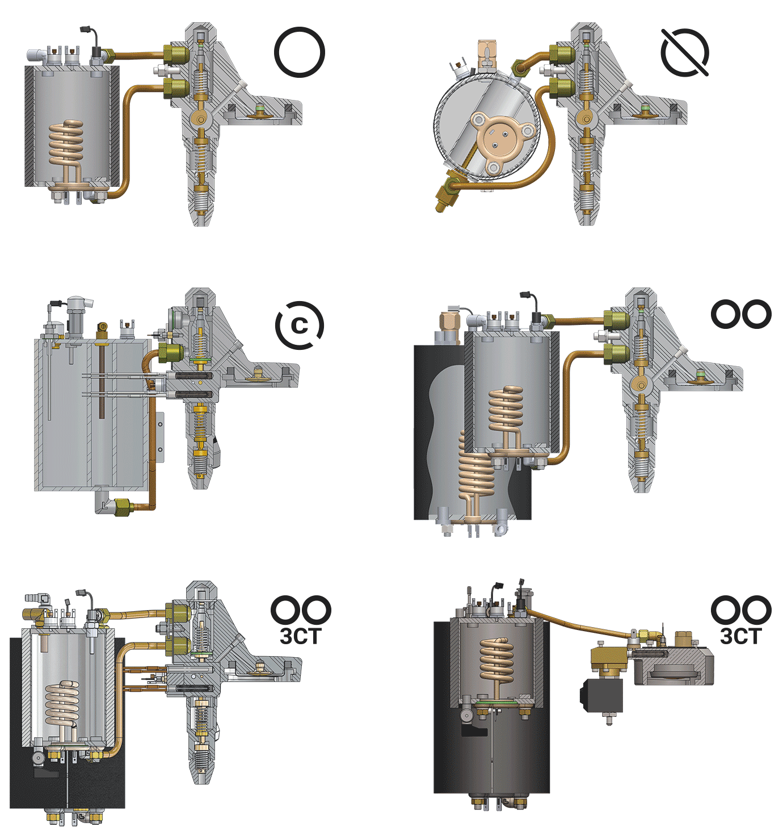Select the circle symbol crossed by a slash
point(685,53)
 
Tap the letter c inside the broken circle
point(300,325)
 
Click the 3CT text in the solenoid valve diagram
point(740,636)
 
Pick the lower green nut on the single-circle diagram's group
point(175,86)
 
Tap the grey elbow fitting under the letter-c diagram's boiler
point(104,502)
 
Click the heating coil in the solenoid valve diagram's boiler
point(497,662)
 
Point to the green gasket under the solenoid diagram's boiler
point(502,703)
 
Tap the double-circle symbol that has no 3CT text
point(741,314)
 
